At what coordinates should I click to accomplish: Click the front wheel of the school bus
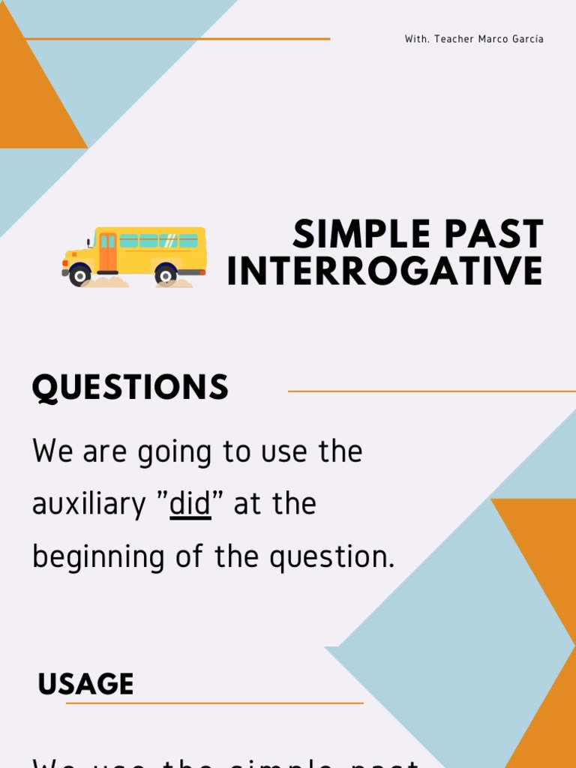79,276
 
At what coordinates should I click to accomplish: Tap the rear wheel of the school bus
166,276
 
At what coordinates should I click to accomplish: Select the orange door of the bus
108,251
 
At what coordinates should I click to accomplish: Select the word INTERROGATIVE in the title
385,271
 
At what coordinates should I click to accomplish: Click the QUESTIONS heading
130,388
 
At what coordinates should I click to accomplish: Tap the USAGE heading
85,684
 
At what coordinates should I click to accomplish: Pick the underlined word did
190,504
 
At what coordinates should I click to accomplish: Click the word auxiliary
88,504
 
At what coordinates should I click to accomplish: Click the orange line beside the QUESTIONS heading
431,391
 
